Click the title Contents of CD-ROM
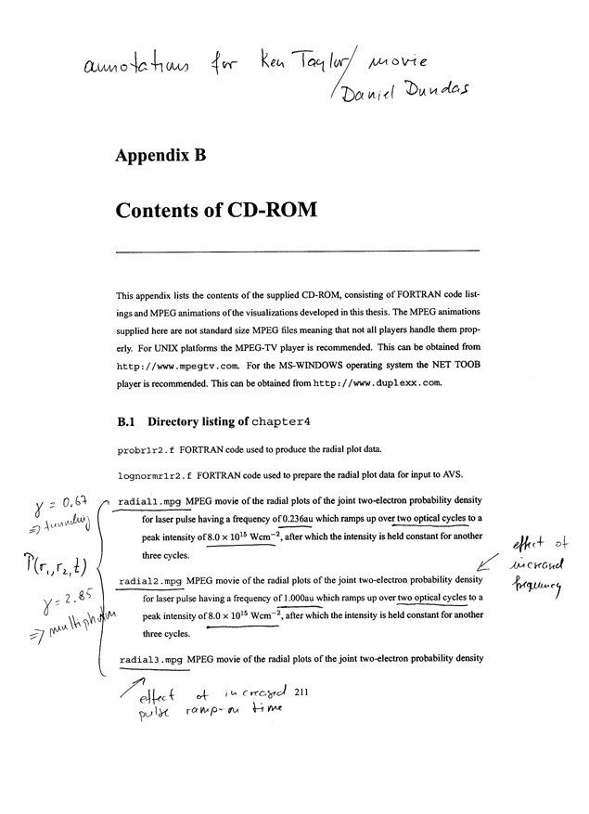coord(217,210)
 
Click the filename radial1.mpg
coord(151,502)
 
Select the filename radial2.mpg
coord(151,583)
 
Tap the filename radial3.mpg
coord(151,660)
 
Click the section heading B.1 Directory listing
coord(213,421)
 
